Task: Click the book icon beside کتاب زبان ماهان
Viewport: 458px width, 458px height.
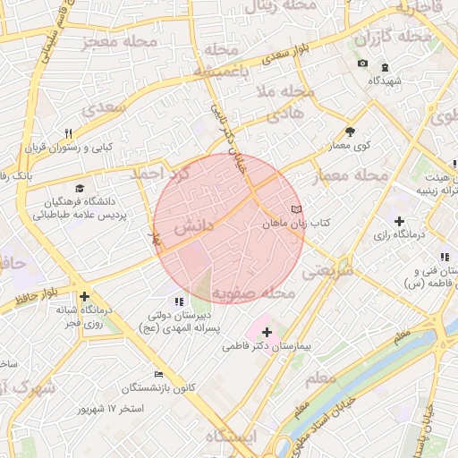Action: [284, 208]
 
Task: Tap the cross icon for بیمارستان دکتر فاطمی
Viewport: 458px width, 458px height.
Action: [267, 332]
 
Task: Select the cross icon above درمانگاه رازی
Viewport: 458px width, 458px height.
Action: [399, 221]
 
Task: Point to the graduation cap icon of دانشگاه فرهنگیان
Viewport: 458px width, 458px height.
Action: [80, 189]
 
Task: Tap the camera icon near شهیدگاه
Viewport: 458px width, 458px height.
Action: [362, 64]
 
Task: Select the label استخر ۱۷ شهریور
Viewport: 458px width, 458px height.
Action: [111, 409]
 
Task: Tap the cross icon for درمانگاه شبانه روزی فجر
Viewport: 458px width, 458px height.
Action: [84, 296]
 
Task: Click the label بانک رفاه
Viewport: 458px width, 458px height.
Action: [16, 176]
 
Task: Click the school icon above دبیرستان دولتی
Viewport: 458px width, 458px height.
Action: [178, 302]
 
